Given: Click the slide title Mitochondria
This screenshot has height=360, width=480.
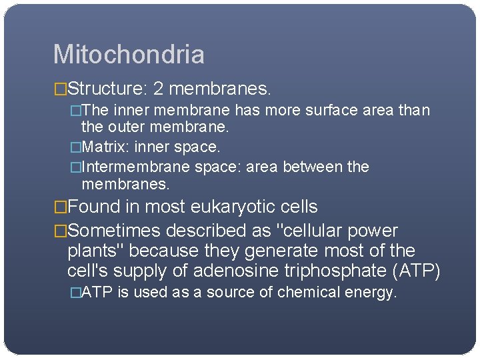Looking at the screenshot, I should pos(129,55).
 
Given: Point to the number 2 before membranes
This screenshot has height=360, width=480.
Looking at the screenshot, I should pos(158,88).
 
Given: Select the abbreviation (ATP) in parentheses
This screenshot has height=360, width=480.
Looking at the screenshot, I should pos(419,271).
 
